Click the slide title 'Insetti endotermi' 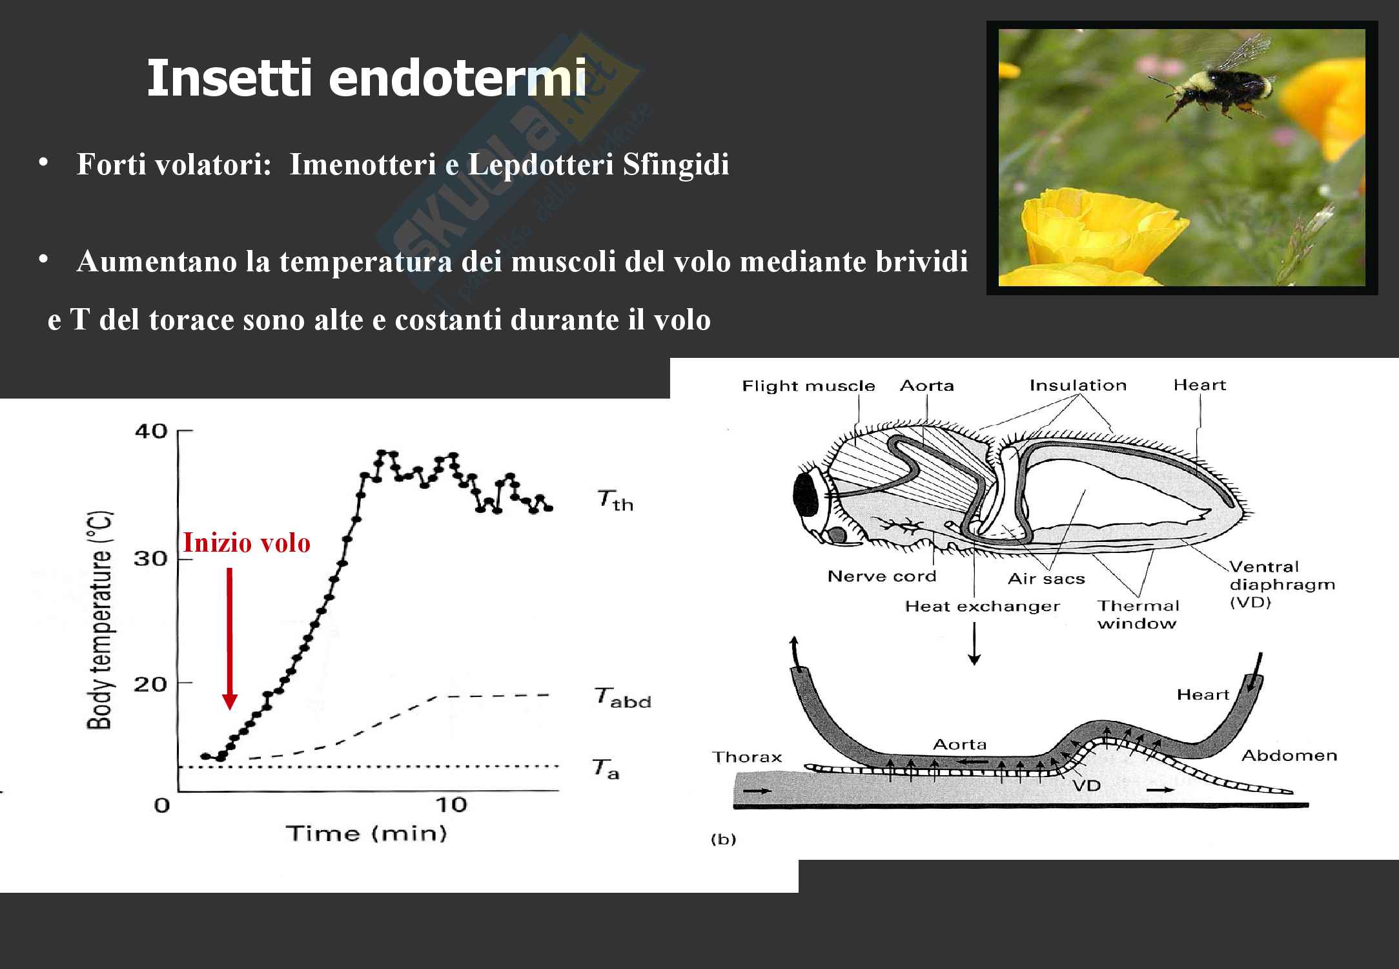367,78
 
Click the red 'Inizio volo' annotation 247,543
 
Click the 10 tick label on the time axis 451,805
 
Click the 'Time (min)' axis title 367,833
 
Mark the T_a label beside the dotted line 606,769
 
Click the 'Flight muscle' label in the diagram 808,386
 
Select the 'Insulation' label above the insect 1077,386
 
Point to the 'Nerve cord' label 882,576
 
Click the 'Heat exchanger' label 982,607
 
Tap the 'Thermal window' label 1138,614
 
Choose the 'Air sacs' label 1047,579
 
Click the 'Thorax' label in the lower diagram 747,757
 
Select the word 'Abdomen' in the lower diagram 1289,756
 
